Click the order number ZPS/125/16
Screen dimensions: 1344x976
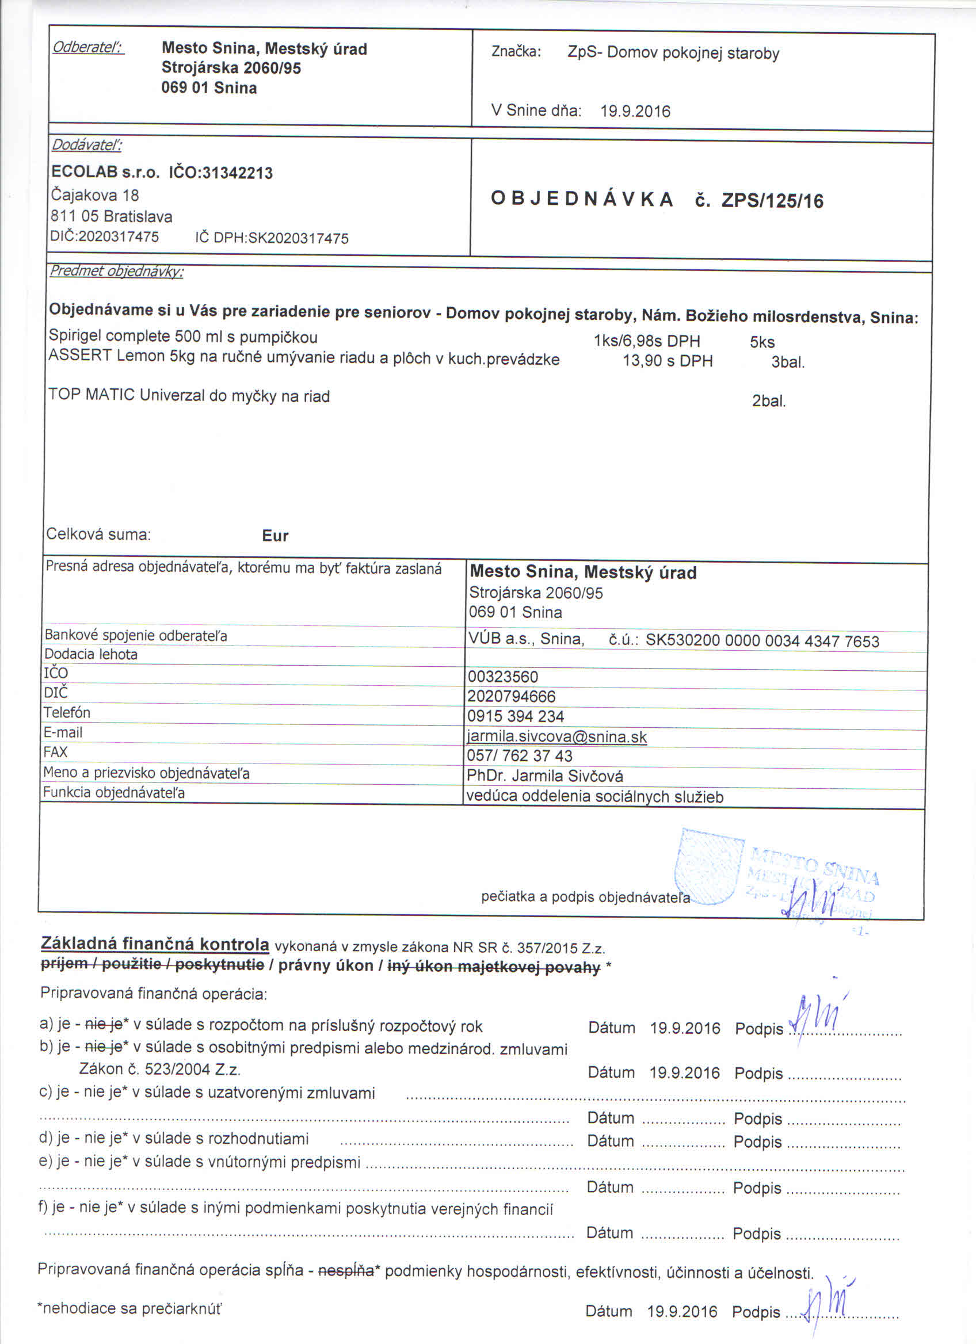pos(772,201)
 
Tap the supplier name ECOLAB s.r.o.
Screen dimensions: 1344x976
pos(105,172)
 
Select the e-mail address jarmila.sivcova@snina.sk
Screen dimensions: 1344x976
pos(556,736)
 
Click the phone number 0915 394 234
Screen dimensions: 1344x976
pos(515,716)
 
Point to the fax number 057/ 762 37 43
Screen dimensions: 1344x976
pos(520,755)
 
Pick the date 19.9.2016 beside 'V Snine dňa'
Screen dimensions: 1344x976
pos(635,111)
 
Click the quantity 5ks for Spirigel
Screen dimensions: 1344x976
pos(762,342)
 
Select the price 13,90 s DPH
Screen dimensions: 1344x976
pos(667,360)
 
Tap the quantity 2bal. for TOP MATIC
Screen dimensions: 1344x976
pos(769,400)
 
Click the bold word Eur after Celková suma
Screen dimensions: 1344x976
pos(275,536)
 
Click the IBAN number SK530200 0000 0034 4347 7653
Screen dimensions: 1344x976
pos(762,640)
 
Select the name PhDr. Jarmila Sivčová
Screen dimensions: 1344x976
pos(544,776)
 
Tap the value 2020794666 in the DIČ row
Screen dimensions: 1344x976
pos(512,696)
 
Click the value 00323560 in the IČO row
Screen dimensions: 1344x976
pos(502,676)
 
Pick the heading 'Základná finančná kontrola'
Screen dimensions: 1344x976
pos(154,944)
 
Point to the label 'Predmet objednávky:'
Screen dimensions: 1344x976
pos(116,272)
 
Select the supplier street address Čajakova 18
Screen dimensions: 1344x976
pos(95,194)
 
